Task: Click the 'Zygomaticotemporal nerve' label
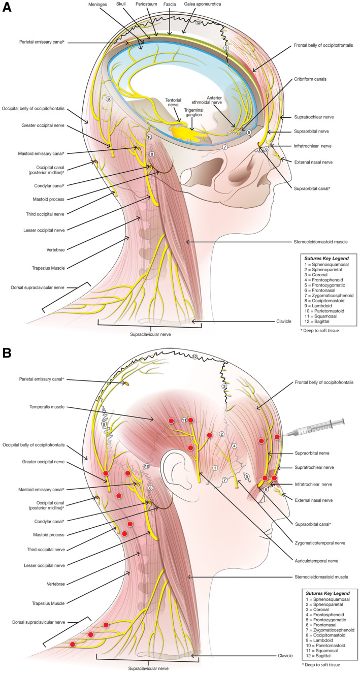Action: pyautogui.click(x=317, y=542)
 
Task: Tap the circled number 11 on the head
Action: pyautogui.click(x=184, y=420)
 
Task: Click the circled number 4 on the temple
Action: pyautogui.click(x=234, y=446)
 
